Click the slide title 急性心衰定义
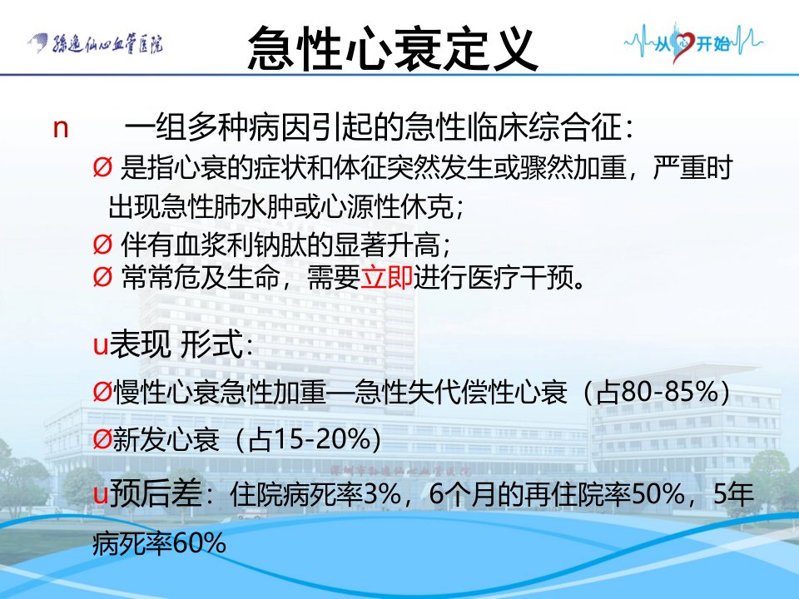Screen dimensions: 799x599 tap(393, 49)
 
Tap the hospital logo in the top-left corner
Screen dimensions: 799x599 tap(95, 44)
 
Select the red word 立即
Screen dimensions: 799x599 tap(386, 278)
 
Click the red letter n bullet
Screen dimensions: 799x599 tap(61, 128)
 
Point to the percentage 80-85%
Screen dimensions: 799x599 tap(671, 392)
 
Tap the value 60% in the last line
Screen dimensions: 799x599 tap(199, 543)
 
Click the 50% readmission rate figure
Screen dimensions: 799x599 tap(658, 493)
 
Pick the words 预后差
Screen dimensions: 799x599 tap(156, 493)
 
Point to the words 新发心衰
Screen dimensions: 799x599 tap(166, 439)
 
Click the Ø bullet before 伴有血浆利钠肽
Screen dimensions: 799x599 tap(102, 245)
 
